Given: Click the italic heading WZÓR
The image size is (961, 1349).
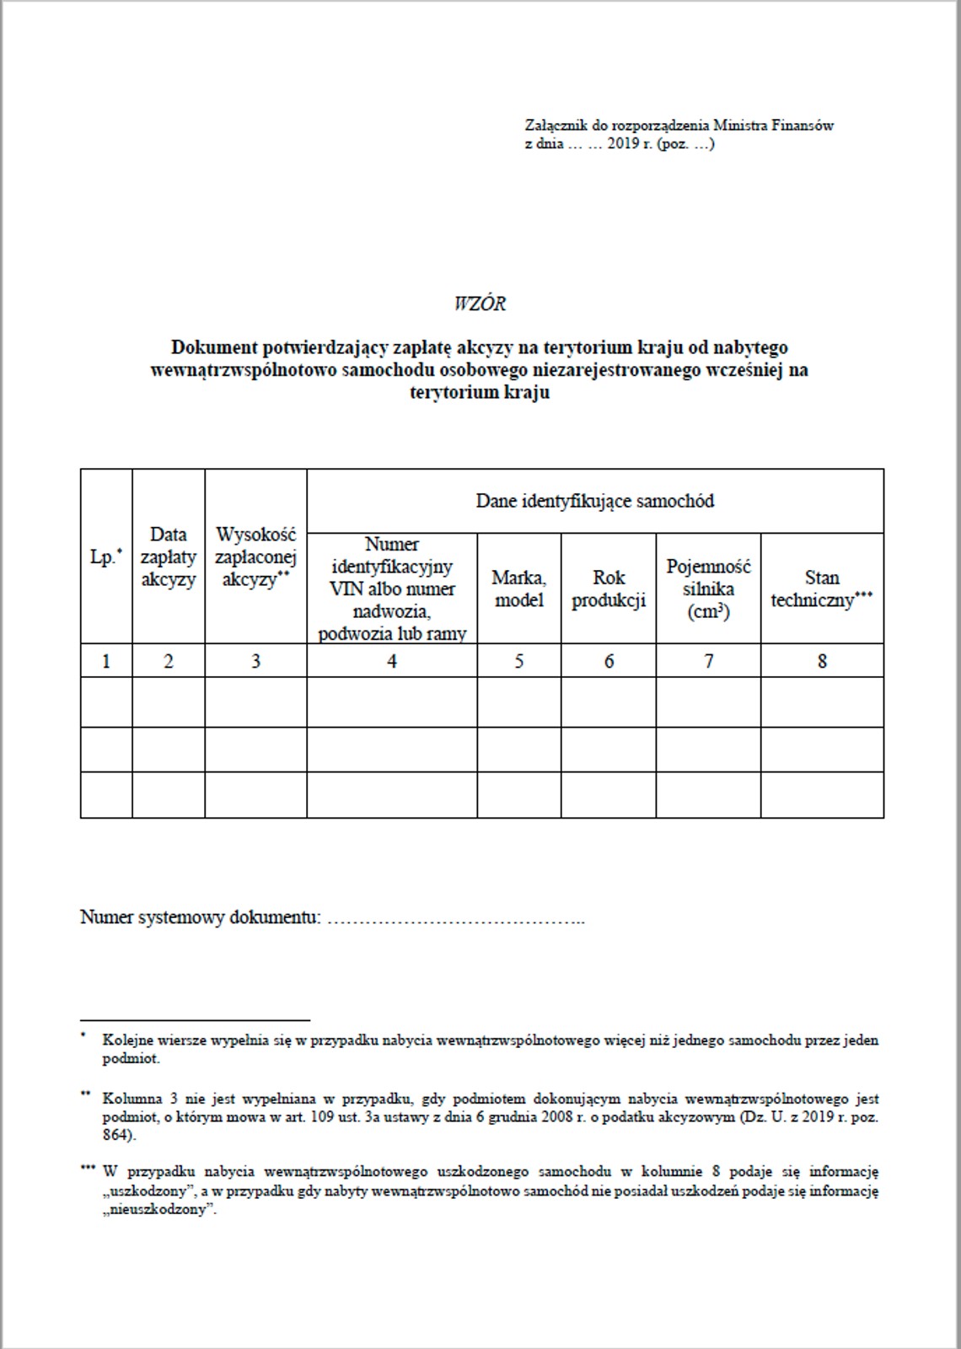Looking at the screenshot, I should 480,304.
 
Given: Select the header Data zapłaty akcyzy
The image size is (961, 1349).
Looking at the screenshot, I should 168,557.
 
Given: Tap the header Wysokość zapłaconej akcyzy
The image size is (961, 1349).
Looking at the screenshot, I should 255,557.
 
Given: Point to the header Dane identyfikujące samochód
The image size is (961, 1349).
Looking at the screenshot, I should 594,501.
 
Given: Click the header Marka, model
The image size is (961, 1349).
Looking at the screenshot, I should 518,589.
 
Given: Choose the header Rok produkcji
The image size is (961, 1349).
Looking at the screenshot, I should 608,589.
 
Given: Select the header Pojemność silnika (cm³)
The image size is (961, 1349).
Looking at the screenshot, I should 708,589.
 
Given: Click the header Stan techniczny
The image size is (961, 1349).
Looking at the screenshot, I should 821,589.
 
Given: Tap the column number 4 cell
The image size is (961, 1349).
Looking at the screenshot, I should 391,661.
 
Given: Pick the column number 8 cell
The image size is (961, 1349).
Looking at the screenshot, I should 822,661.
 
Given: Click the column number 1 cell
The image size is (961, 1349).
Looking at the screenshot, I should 106,661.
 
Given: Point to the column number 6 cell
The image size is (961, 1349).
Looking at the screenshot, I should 608,661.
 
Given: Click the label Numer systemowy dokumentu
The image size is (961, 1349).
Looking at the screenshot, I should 200,917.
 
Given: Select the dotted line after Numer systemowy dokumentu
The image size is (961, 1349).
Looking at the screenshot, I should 455,919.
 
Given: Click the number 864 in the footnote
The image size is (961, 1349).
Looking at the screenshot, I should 118,1136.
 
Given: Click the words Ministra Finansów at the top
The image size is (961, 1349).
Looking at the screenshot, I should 773,126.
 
